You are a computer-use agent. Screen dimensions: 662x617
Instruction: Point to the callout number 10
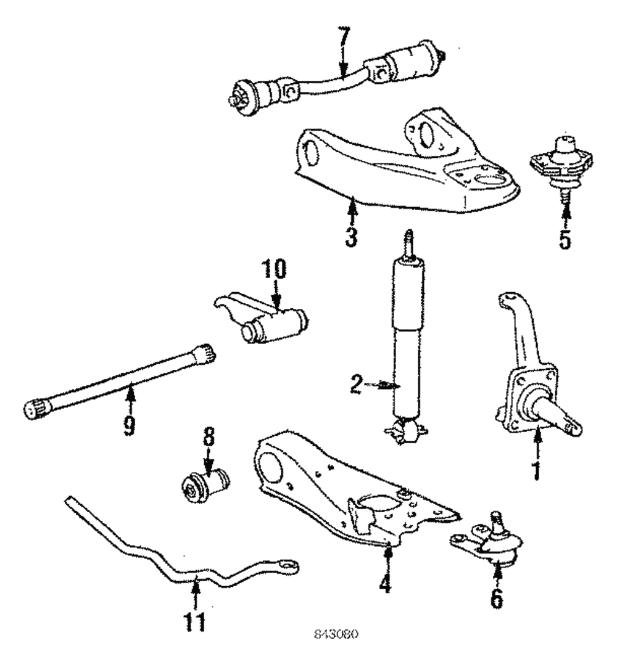pos(274,271)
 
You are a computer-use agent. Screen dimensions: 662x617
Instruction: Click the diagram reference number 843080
pos(337,635)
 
